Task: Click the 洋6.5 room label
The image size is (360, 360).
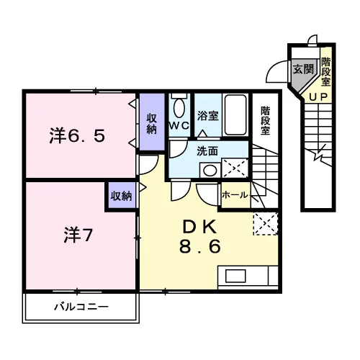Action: pos(77,135)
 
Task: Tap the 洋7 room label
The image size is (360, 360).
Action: pos(78,235)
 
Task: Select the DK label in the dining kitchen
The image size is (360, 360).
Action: pos(200,227)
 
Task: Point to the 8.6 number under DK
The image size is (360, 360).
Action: pos(200,246)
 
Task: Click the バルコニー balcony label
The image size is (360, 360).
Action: pos(81,307)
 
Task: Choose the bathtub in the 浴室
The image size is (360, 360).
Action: pos(235,115)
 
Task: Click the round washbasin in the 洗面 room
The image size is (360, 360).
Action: pos(210,171)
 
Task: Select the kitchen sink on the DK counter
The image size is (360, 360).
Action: pos(235,276)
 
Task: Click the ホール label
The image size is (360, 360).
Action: pos(235,195)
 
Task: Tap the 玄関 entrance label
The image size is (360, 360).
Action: pos(303,69)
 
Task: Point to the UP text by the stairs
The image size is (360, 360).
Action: pos(318,97)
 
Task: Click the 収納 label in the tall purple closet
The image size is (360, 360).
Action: pos(152,124)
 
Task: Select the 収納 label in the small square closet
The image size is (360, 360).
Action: pos(121,196)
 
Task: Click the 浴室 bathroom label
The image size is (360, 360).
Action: pos(208,116)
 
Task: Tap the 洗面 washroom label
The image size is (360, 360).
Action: pos(207,151)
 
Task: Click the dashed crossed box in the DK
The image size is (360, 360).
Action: pos(266,223)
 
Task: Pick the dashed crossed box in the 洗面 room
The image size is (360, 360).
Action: pos(235,168)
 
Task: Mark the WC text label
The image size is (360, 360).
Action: pos(179,125)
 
